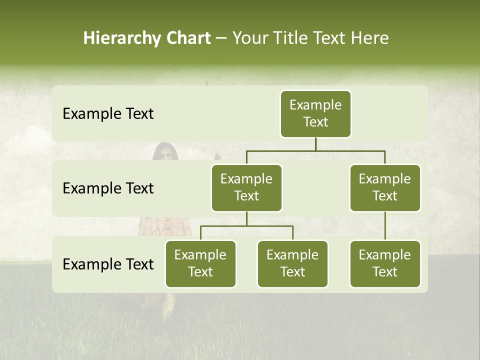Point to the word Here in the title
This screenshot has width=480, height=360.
(370, 38)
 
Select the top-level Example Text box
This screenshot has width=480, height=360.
(315, 113)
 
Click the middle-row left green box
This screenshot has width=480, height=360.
(246, 187)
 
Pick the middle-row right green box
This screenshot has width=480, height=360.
(385, 187)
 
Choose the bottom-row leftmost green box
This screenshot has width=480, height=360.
(200, 263)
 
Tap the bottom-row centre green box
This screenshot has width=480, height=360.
(292, 263)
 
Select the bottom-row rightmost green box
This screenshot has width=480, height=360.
(385, 263)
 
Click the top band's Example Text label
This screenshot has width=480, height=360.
(108, 114)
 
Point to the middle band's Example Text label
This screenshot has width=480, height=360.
(108, 188)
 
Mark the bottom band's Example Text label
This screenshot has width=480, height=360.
(108, 264)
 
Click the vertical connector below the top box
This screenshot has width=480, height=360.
(315, 144)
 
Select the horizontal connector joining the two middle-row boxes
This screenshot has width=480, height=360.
(315, 150)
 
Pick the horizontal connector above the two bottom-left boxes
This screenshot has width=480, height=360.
(246, 226)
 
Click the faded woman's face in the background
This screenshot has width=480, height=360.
(164, 153)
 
